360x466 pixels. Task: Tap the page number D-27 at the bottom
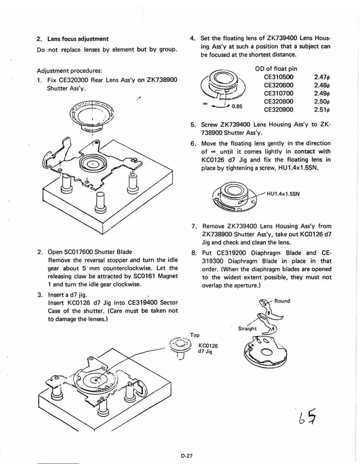(x=186, y=456)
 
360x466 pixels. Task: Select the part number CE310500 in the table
(x=279, y=77)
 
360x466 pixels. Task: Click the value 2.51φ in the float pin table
(x=321, y=110)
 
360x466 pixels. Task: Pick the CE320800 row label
(x=279, y=101)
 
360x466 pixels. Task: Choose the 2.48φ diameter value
(x=321, y=85)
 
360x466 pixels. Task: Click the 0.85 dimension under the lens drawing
(x=237, y=106)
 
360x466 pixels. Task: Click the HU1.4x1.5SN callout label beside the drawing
(x=283, y=194)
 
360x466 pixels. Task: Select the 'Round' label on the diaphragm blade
(x=282, y=301)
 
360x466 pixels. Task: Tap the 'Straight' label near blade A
(x=247, y=329)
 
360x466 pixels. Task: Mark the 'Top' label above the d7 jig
(x=195, y=335)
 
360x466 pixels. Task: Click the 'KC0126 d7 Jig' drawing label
(x=208, y=348)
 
